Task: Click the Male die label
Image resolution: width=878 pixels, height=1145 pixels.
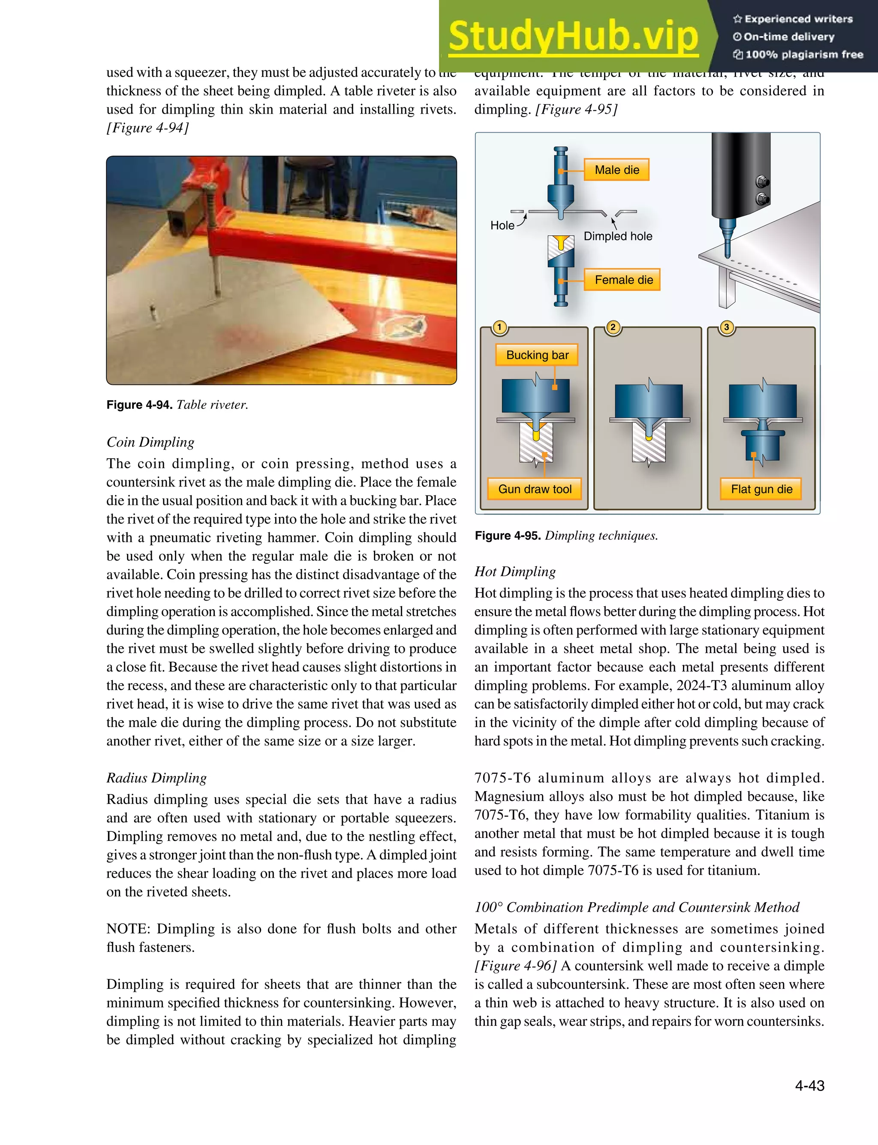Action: click(x=616, y=170)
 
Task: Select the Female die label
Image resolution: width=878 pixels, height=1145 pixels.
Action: click(x=623, y=280)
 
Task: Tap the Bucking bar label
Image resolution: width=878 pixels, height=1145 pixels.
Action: click(x=537, y=355)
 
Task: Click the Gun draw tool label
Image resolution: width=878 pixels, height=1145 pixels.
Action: click(x=535, y=489)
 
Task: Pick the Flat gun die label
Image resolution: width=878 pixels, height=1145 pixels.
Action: click(x=761, y=489)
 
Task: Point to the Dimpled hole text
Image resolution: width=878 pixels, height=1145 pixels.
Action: click(x=618, y=236)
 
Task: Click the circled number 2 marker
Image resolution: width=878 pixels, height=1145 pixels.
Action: click(x=613, y=328)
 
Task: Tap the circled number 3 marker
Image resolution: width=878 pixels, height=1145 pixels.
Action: click(x=726, y=328)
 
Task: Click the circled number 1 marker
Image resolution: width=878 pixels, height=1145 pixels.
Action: click(x=499, y=328)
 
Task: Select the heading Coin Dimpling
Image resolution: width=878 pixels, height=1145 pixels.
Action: click(x=150, y=442)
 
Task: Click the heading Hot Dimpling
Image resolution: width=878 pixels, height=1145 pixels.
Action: click(x=515, y=571)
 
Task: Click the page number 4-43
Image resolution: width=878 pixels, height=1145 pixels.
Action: click(x=809, y=1085)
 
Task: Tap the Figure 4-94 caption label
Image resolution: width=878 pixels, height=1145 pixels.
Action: click(x=139, y=405)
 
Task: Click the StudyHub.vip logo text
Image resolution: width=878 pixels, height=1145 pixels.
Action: click(x=573, y=36)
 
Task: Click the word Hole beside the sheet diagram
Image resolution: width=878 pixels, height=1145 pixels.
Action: click(x=502, y=225)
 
